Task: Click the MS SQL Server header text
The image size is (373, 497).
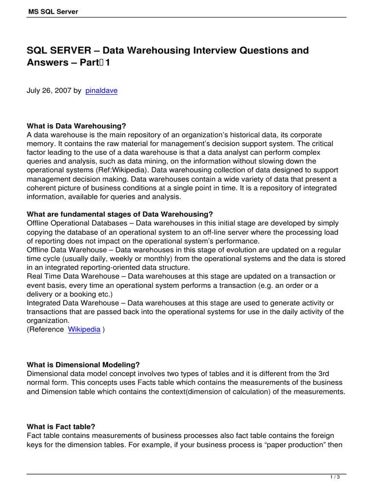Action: point(52,11)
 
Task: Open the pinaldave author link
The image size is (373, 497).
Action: point(101,91)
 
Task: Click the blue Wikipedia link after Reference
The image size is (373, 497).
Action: point(84,329)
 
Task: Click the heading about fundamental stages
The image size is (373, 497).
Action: point(120,214)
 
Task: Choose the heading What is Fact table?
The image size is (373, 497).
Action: point(61,427)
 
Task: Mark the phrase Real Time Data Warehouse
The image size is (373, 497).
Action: point(74,276)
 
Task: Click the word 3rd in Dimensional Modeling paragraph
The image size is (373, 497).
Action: point(337,374)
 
